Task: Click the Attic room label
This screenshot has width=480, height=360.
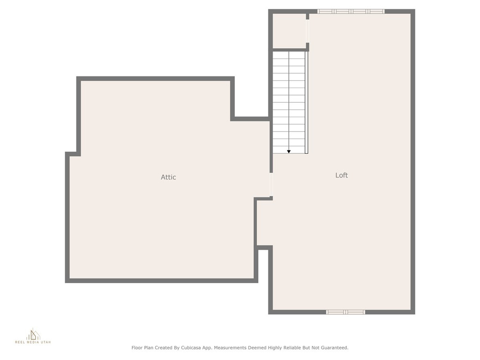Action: coord(168,177)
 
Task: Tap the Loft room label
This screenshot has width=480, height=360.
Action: coord(342,175)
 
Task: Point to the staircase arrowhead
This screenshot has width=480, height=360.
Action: coord(289,151)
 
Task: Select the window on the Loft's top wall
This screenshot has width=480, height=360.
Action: coord(351,11)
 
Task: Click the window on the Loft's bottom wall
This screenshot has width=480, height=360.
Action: coord(345,312)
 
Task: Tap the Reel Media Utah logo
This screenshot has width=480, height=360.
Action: coord(33,336)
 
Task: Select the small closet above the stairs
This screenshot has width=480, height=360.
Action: coord(289,31)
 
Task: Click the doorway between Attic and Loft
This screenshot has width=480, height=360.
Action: coord(271,184)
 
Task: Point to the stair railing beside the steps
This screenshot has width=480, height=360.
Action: coord(307,102)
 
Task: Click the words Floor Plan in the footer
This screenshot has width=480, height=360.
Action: coord(142,348)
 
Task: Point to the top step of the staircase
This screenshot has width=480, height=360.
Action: coord(289,55)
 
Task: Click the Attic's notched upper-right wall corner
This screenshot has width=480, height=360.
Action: coord(232,119)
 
